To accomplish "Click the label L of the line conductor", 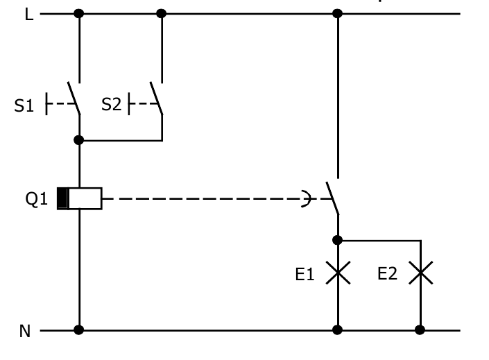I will (x=29, y=15).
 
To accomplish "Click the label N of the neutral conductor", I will (x=25, y=332).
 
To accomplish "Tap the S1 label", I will (x=24, y=105).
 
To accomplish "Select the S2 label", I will (x=111, y=105).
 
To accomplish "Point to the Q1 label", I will (x=37, y=199).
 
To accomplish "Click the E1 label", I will (x=304, y=275).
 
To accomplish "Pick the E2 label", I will (x=387, y=274).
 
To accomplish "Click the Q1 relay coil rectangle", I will (x=80, y=198).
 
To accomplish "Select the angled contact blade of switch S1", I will (x=74, y=98).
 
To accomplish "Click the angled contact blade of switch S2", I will (x=157, y=98).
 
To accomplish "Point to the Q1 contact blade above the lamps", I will (x=332, y=198).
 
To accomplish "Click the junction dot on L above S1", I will (x=79, y=13).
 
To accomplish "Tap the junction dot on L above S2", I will (x=162, y=13).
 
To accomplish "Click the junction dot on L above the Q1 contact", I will (x=338, y=13).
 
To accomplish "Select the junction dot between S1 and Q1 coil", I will (x=79, y=140).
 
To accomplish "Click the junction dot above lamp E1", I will (x=338, y=240).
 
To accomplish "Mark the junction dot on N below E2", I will (x=420, y=330).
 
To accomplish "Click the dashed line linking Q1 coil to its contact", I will (x=208, y=199).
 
